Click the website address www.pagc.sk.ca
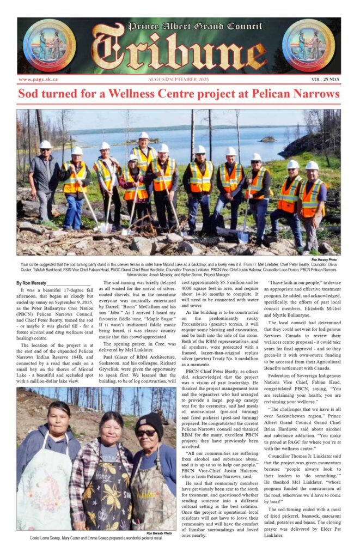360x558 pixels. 39,80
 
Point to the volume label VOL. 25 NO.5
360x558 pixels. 321,80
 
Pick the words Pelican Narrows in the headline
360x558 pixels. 295,94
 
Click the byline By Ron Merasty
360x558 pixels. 34,283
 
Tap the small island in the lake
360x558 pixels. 267,139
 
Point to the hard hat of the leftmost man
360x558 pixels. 45,145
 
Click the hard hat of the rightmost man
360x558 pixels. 312,165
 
